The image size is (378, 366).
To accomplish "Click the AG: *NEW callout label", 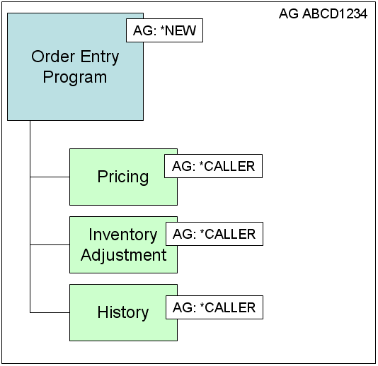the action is [164, 30].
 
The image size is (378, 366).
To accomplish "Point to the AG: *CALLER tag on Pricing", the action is [213, 166].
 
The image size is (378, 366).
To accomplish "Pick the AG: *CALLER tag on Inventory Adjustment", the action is [214, 234].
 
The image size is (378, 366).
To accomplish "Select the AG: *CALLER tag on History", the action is [214, 307].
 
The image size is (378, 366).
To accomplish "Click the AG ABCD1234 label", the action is [323, 13].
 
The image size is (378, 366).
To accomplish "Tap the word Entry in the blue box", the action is [100, 57].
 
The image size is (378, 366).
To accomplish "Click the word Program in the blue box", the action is [75, 78].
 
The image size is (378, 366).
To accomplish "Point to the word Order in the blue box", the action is [53, 57].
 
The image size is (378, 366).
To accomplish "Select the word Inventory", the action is [123, 235].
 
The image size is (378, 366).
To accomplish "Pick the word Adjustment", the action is [124, 255].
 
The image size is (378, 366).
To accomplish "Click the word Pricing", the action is [123, 177].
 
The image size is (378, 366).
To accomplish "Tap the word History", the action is [123, 313].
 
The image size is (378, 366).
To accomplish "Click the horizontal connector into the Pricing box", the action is [50, 177].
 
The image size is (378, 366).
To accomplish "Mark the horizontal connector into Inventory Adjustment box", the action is [50, 244].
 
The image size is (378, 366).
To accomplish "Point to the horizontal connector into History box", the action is [50, 312].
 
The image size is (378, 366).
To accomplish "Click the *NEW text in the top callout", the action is [178, 30].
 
